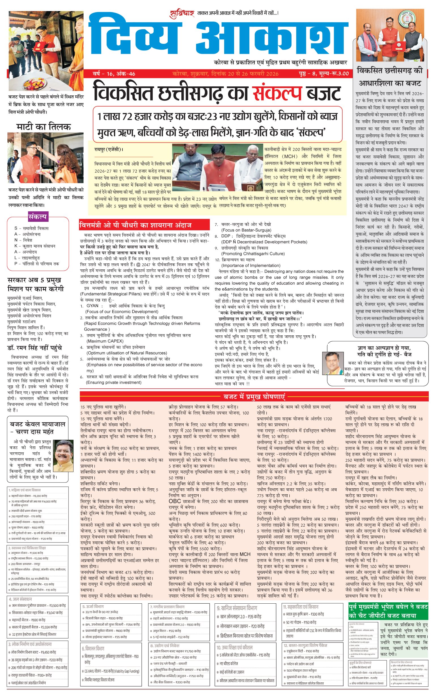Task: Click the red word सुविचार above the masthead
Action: point(182,13)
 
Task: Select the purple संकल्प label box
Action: point(38,217)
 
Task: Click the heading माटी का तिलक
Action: point(43,127)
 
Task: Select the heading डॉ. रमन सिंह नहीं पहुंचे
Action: point(35,348)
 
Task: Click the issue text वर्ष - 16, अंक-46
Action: point(114,74)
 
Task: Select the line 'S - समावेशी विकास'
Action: point(32,228)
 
